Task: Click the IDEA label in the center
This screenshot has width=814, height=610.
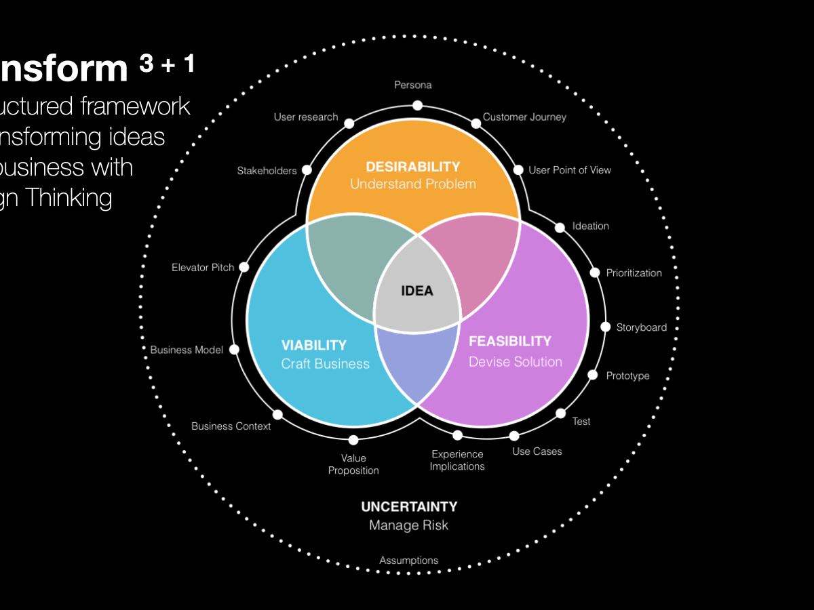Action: click(416, 291)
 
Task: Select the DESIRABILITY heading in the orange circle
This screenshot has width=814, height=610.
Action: click(413, 167)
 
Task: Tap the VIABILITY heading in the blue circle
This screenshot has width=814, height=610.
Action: click(314, 346)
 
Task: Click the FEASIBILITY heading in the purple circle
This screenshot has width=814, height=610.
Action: click(510, 341)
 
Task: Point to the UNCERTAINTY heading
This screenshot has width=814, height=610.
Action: click(409, 506)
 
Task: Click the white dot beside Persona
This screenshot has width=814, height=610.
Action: click(418, 105)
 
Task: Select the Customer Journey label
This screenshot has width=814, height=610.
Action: click(524, 117)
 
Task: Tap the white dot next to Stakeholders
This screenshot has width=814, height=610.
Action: click(307, 170)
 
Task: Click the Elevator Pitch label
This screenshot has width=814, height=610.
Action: click(203, 268)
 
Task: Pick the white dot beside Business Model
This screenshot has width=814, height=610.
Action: click(235, 350)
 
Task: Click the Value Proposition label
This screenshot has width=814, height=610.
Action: click(353, 464)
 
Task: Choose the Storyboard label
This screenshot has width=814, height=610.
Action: click(641, 327)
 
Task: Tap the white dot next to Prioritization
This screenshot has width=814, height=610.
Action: click(595, 272)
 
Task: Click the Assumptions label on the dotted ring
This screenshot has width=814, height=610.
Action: click(408, 561)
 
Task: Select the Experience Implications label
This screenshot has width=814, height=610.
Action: click(457, 460)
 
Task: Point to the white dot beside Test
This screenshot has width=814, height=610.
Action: click(561, 413)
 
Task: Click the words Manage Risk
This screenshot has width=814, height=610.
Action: click(408, 525)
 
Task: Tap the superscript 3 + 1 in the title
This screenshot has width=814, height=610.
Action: click(167, 64)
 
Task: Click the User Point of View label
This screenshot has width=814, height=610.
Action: click(570, 170)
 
